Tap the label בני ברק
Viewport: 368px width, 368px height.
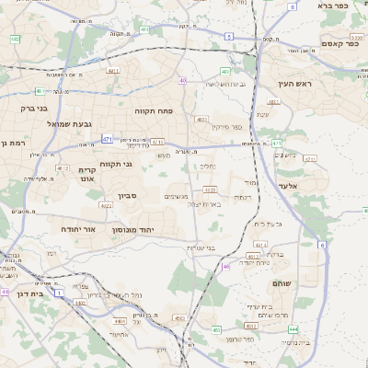[x=33, y=108]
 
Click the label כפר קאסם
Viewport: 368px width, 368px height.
[x=339, y=43]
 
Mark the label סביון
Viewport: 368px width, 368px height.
[x=127, y=195]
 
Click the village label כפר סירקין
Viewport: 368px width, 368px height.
[x=224, y=127]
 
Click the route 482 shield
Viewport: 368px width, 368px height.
[x=16, y=40]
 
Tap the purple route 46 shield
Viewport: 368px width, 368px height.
[x=226, y=268]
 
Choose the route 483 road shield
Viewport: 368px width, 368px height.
[x=225, y=71]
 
